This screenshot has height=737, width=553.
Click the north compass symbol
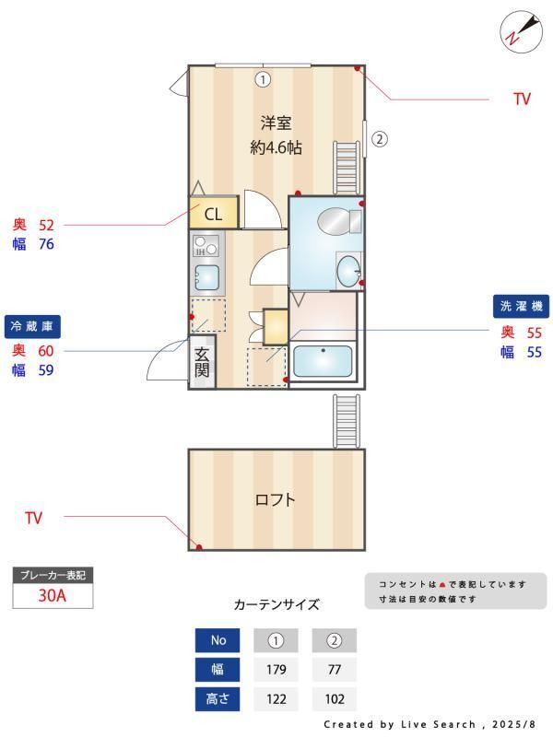tap(521, 31)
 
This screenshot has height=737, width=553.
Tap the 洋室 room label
tap(276, 123)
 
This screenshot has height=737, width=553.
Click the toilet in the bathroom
tap(339, 220)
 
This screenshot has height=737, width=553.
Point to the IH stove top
tap(206, 245)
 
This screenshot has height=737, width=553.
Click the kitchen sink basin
tap(206, 277)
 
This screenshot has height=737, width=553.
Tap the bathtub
tap(323, 360)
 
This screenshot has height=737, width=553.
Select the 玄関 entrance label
tap(202, 362)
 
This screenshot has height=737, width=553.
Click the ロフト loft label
tap(275, 499)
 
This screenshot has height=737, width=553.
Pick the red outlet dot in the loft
tap(199, 547)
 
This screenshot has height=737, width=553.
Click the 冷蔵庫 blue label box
tap(32, 327)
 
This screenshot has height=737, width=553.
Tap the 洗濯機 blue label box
tap(521, 307)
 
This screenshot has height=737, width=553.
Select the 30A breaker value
tap(53, 595)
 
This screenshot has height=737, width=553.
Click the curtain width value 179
tap(276, 670)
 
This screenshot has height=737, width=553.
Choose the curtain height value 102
tap(335, 699)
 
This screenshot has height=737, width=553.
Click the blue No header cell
tap(218, 640)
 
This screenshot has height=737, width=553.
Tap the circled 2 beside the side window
tap(380, 139)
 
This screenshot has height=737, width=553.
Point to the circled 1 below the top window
tap(263, 79)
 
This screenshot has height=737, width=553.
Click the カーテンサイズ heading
tap(276, 604)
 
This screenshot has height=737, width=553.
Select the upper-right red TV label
tap(522, 99)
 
